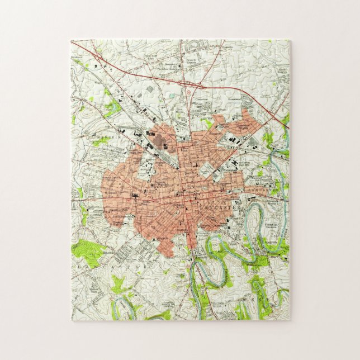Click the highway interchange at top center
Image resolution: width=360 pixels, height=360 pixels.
[189, 85]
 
